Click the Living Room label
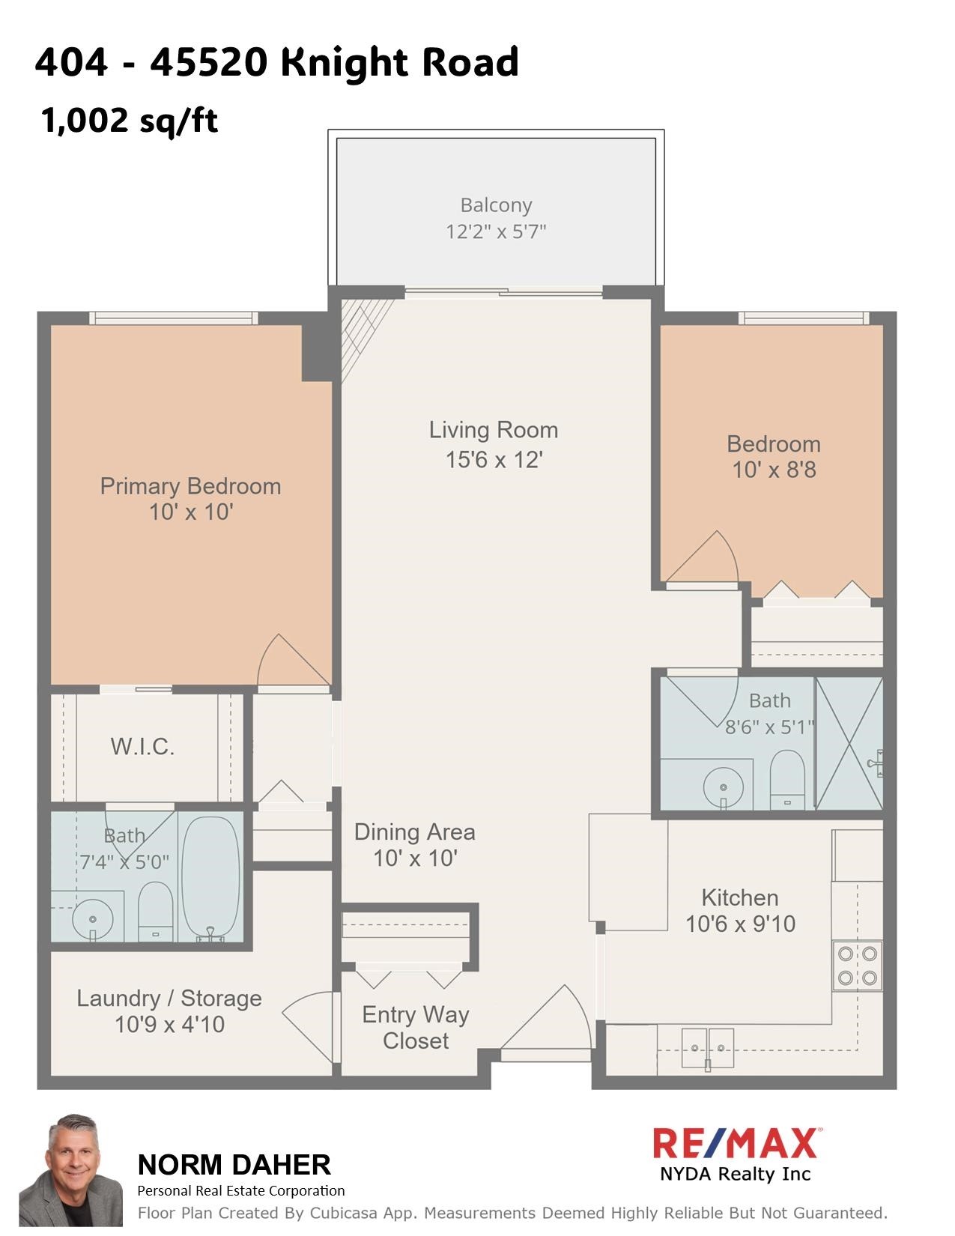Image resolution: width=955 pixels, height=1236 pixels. (x=493, y=430)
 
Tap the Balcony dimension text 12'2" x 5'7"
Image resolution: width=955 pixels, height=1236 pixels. (x=496, y=231)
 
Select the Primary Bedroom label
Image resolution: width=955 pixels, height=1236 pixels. (x=190, y=486)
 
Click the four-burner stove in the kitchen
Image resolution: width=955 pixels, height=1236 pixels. (x=858, y=966)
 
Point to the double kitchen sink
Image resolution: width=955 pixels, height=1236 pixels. (x=708, y=1040)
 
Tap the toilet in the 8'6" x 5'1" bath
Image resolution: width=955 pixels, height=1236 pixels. (x=786, y=779)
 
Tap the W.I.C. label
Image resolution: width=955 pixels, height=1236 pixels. (x=142, y=747)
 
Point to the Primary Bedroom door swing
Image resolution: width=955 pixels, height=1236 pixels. (x=288, y=661)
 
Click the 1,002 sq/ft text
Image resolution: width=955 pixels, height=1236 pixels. (x=129, y=120)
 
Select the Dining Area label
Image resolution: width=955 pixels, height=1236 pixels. (x=414, y=832)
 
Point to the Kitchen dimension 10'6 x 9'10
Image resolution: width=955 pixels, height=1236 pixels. (x=740, y=924)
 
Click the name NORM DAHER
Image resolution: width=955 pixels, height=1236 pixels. (x=234, y=1165)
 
